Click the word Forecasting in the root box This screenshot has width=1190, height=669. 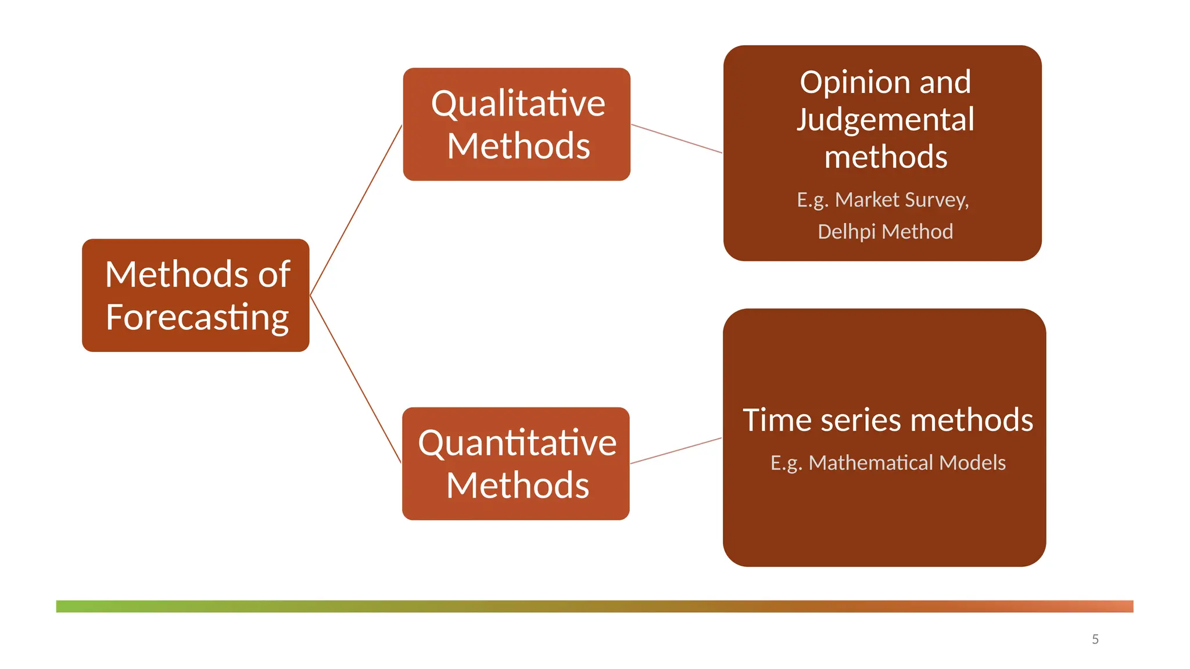tap(197, 317)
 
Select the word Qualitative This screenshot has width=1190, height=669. tap(518, 104)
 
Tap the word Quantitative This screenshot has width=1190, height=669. tap(517, 443)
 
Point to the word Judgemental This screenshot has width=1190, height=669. tap(885, 120)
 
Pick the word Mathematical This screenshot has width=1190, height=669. tap(871, 463)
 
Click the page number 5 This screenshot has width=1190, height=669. tap(1095, 639)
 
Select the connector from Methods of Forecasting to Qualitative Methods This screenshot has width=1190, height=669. tap(356, 210)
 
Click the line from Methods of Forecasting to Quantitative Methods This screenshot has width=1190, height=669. tap(356, 379)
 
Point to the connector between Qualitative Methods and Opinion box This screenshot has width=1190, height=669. tap(676, 138)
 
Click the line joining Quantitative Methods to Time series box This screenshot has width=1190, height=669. tap(676, 451)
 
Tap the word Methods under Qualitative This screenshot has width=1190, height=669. tap(518, 146)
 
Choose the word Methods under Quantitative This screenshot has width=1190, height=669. tap(517, 485)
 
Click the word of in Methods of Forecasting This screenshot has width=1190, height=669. tap(274, 274)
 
